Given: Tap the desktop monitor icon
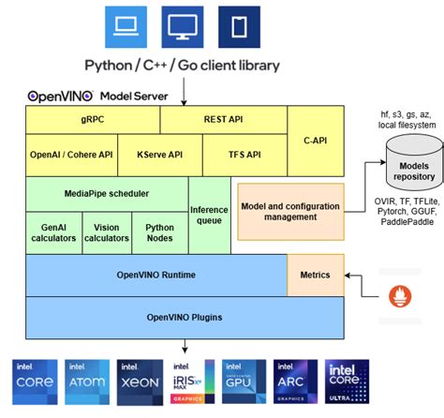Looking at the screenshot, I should point(183,27).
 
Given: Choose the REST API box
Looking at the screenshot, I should point(223,119).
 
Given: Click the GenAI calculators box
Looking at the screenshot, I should point(53,232).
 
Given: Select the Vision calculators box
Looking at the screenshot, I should point(107,232).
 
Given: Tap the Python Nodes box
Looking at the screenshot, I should point(159,232).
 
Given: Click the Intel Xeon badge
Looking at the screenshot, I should point(141,381).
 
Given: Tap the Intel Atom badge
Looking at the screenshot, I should point(89,381).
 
